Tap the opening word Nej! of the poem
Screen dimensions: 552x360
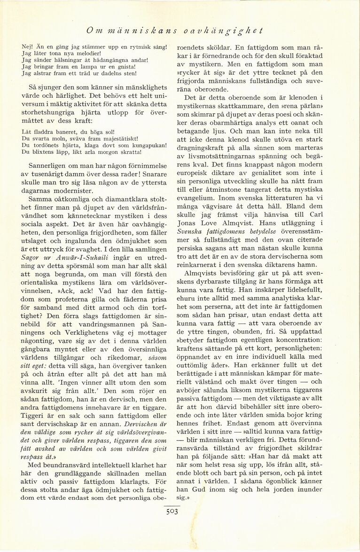pyautogui.click(x=28, y=47)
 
